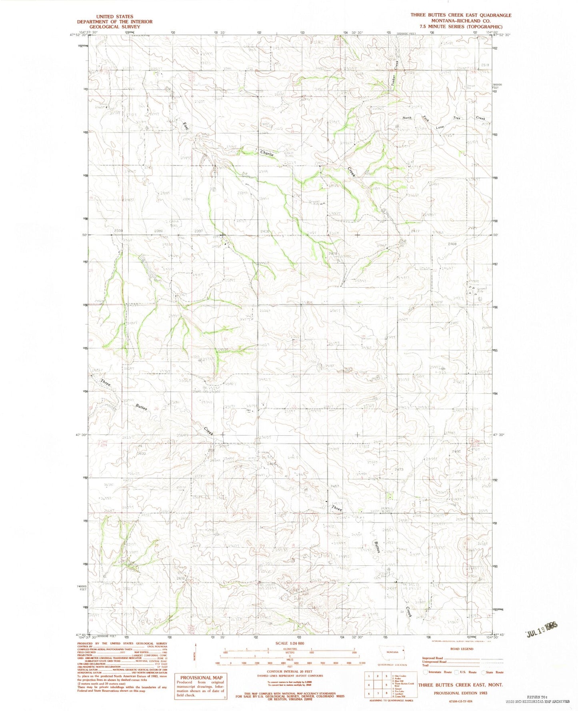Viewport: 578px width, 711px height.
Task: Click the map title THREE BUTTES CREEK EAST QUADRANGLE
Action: [x=460, y=15]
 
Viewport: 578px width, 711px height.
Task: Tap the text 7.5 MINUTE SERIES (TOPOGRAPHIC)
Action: [x=460, y=26]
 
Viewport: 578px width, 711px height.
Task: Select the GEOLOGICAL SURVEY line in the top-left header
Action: [x=115, y=27]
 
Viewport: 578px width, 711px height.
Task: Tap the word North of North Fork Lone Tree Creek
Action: [x=407, y=118]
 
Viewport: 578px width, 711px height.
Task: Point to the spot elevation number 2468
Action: [x=453, y=243]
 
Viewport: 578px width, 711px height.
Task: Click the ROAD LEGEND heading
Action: [x=461, y=649]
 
